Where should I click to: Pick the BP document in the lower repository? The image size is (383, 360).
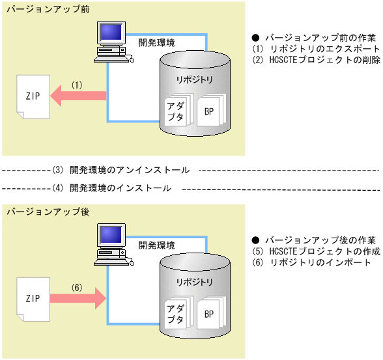pyautogui.click(x=210, y=314)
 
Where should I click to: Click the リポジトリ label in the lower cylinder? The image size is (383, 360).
pyautogui.click(x=194, y=282)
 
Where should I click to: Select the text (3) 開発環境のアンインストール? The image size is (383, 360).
pyautogui.click(x=120, y=170)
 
